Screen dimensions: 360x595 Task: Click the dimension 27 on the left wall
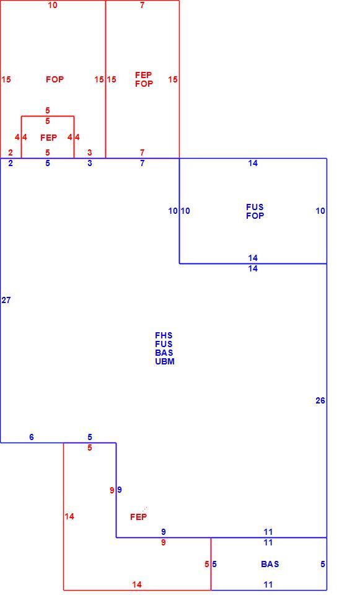pyautogui.click(x=6, y=300)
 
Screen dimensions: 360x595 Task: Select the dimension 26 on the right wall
pyautogui.click(x=320, y=400)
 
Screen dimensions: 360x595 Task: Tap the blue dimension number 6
pyautogui.click(x=32, y=437)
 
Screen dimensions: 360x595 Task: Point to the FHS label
pyautogui.click(x=164, y=335)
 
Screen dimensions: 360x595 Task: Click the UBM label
pyautogui.click(x=165, y=361)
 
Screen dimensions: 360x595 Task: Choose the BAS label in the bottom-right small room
pyautogui.click(x=270, y=564)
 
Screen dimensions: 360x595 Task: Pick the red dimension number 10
pyautogui.click(x=53, y=6)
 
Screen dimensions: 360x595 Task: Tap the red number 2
pyautogui.click(x=11, y=152)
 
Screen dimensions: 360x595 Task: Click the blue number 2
pyautogui.click(x=11, y=163)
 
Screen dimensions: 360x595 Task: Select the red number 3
pyautogui.click(x=89, y=152)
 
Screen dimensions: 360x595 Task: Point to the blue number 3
pyautogui.click(x=89, y=163)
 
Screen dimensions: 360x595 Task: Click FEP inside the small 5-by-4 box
pyautogui.click(x=48, y=138)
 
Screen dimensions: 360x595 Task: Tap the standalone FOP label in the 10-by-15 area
pyautogui.click(x=55, y=79)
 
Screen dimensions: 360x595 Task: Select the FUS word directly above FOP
pyautogui.click(x=255, y=207)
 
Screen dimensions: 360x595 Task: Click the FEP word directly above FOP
pyautogui.click(x=143, y=75)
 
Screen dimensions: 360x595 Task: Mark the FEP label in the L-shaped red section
pyautogui.click(x=138, y=517)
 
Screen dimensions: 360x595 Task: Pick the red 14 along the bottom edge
pyautogui.click(x=137, y=584)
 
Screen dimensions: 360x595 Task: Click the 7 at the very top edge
pyautogui.click(x=143, y=6)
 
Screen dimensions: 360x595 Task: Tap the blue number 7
pyautogui.click(x=143, y=163)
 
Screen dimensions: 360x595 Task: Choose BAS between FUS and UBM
pyautogui.click(x=164, y=353)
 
